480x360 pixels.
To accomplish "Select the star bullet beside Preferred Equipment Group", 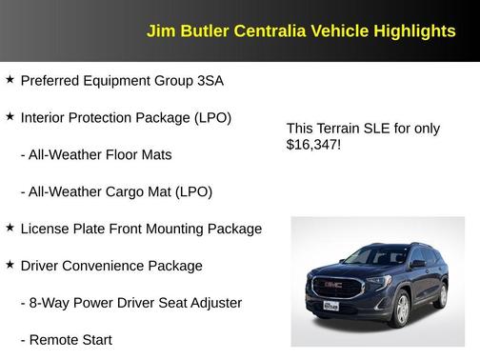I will pos(10,80).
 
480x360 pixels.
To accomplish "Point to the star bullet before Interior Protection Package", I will pos(10,117).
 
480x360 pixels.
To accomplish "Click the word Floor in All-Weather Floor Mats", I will pos(121,154).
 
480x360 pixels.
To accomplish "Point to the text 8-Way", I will pos(50,303).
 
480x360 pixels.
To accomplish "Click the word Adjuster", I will pos(213,303).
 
